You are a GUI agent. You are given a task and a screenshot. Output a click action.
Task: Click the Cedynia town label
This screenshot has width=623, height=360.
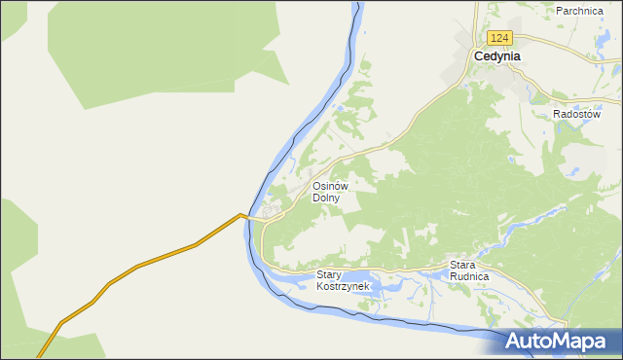tap(496, 56)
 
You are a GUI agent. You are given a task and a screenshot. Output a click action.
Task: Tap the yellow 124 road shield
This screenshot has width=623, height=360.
tap(499, 38)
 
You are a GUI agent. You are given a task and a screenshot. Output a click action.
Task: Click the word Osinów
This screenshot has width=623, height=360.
tap(330, 186)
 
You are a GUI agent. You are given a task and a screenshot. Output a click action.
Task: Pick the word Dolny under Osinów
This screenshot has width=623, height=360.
tap(325, 198)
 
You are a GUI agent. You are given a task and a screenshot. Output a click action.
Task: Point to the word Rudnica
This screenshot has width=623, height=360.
tap(469, 276)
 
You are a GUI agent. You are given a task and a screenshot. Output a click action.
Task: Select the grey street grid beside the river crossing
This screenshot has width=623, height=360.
tap(272, 209)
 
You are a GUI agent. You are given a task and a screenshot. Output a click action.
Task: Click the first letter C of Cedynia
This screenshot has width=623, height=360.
tap(478, 56)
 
